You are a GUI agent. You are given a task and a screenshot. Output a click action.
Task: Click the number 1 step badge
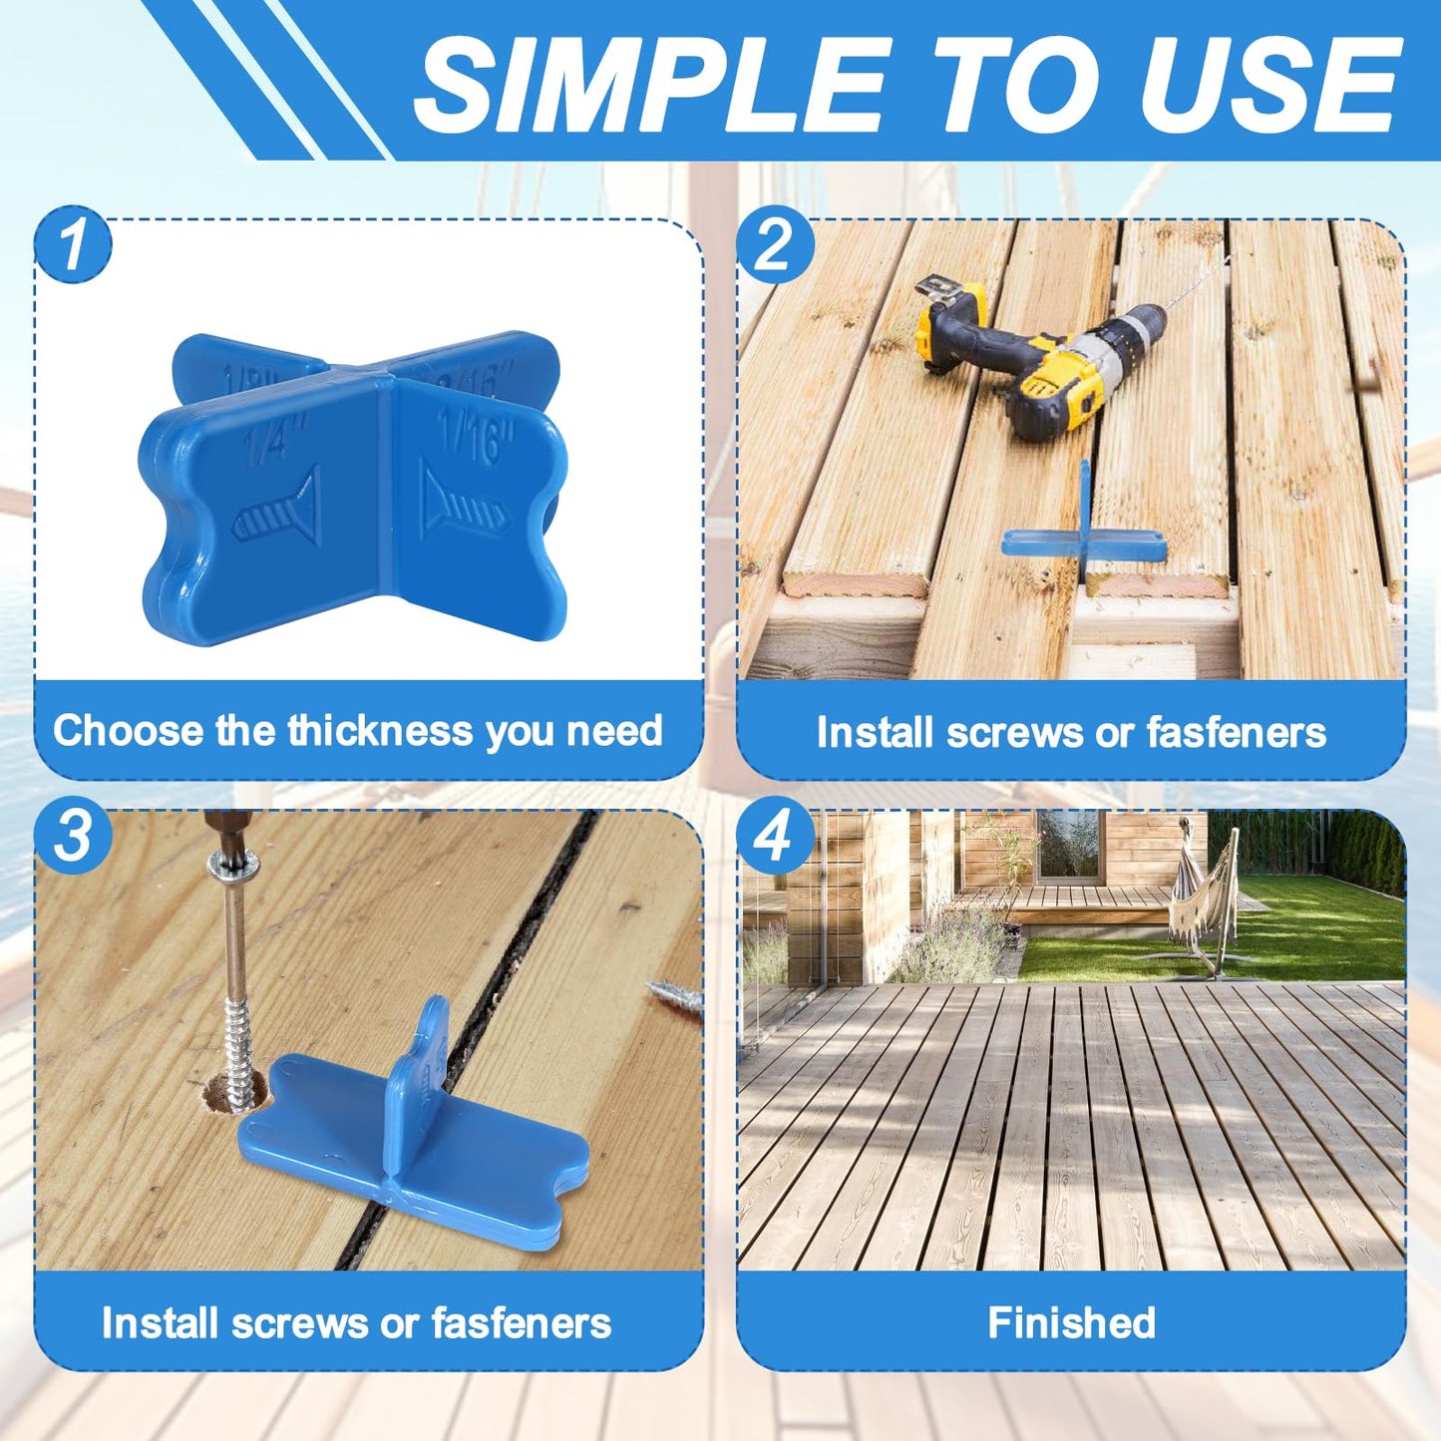coord(73,245)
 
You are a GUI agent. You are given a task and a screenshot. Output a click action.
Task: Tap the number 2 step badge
coord(775,245)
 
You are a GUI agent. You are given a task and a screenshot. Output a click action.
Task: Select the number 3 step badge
coord(73,836)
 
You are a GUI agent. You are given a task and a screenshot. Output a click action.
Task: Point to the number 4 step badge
coord(775,836)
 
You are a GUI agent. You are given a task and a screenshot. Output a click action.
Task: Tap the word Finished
coord(1071,1323)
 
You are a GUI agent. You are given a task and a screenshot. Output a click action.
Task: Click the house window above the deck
coord(1068,844)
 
